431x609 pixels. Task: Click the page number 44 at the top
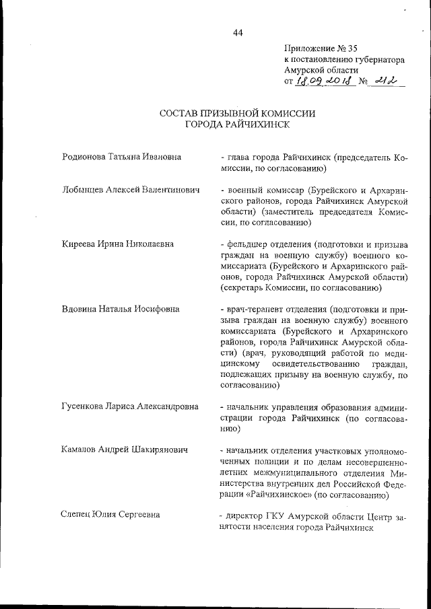237,33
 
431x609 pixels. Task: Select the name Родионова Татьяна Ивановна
122,157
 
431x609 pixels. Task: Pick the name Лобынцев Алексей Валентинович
131,190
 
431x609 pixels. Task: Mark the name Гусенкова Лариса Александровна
130,407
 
